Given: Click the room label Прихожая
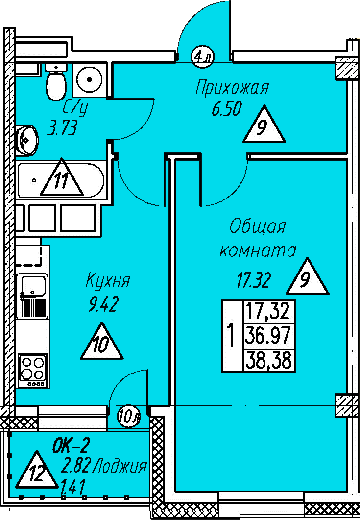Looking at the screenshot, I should pyautogui.click(x=232, y=88).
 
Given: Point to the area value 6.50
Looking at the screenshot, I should pyautogui.click(x=227, y=110).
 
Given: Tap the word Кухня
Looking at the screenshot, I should pyautogui.click(x=108, y=282).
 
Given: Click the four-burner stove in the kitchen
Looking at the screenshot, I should pyautogui.click(x=32, y=370).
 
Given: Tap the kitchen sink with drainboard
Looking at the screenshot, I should pyautogui.click(x=32, y=296).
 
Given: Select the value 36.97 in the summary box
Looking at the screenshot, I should pyautogui.click(x=269, y=336).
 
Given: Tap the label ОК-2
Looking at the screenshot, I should pyautogui.click(x=71, y=446).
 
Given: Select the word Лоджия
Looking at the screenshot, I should pyautogui.click(x=120, y=466).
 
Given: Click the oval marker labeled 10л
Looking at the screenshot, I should pyautogui.click(x=129, y=417).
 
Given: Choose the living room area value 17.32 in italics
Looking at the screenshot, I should pyautogui.click(x=254, y=281).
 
